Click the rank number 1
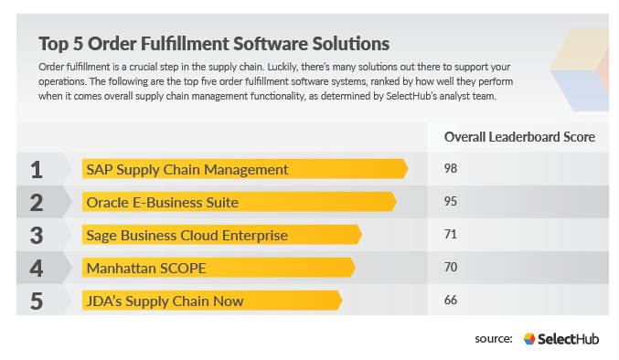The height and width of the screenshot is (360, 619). pyautogui.click(x=37, y=169)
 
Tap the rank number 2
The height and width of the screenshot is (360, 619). pyautogui.click(x=37, y=202)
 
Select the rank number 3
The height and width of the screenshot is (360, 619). pyautogui.click(x=37, y=235)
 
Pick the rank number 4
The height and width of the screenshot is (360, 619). pyautogui.click(x=37, y=268)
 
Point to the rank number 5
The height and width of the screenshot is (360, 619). pyautogui.click(x=37, y=301)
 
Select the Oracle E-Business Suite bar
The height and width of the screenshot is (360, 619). pyautogui.click(x=238, y=202)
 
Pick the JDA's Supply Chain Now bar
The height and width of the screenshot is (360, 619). pyautogui.click(x=211, y=301)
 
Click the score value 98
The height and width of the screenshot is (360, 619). pyautogui.click(x=450, y=169)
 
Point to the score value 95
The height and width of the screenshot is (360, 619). pyautogui.click(x=450, y=202)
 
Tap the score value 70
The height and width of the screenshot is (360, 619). pyautogui.click(x=450, y=268)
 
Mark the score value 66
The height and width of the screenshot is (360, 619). pyautogui.click(x=450, y=301)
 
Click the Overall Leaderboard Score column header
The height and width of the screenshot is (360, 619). pyautogui.click(x=519, y=137)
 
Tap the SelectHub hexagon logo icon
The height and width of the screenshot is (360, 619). pyautogui.click(x=529, y=339)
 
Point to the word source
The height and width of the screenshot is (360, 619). pyautogui.click(x=494, y=339)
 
